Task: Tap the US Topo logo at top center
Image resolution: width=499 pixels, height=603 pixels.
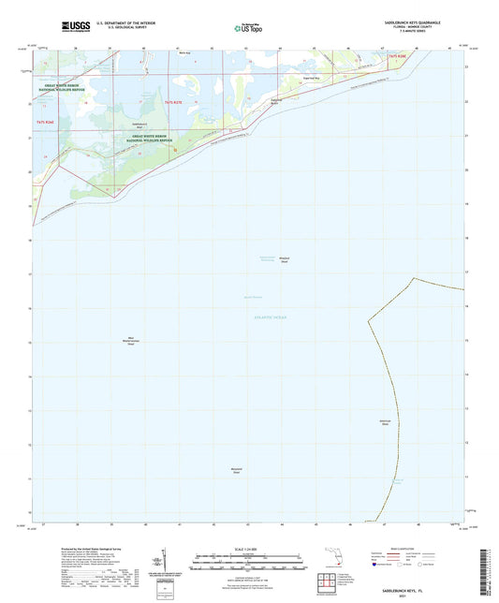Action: [248, 28]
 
